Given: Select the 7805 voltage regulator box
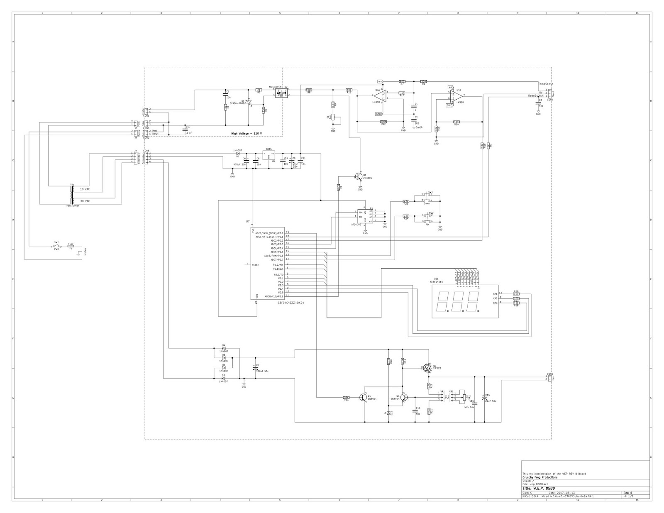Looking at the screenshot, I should click(269, 155).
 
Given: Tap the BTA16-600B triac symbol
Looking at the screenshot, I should click(248, 102).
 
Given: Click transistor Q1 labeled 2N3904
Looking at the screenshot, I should click(359, 176).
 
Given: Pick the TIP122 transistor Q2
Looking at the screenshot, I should click(427, 368).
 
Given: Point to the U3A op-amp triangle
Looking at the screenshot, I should click(381, 95).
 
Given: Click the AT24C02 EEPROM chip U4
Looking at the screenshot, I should click(365, 216).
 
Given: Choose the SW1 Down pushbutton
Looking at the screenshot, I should click(427, 197).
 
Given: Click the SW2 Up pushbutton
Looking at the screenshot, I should click(427, 218).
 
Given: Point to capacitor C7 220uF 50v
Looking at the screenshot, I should click(255, 368).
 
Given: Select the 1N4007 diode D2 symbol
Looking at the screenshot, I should click(238, 154).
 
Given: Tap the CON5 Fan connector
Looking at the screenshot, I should click(549, 378).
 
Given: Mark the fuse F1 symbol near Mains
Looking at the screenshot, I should click(71, 246).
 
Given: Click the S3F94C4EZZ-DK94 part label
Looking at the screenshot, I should click(291, 303).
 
